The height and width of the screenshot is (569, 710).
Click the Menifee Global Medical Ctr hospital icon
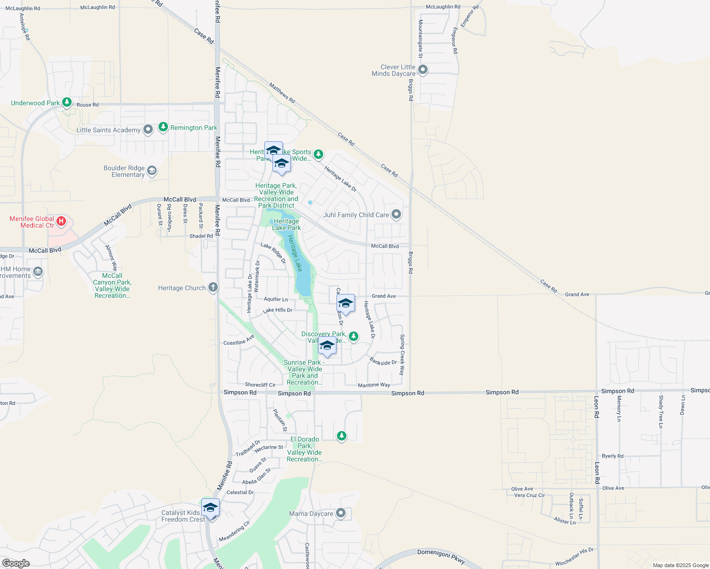[61, 221]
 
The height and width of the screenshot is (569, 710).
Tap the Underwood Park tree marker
[67, 102]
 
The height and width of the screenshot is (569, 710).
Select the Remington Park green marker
[163, 127]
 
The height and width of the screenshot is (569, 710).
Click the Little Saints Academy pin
[148, 129]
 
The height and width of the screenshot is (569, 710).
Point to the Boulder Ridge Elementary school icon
[152, 171]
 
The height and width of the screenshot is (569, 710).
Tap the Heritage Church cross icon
[213, 287]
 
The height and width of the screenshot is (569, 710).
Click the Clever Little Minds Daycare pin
[423, 70]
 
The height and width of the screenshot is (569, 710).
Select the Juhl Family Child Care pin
[396, 214]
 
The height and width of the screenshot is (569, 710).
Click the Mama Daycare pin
[341, 513]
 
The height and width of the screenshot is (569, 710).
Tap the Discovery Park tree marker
[354, 336]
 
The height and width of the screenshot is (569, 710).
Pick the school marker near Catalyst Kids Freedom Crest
[210, 508]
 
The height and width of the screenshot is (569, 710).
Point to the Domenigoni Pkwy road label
[441, 557]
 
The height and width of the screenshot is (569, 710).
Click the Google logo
[16, 563]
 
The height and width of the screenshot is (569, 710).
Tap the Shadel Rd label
[201, 236]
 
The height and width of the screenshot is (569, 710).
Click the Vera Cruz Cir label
[530, 496]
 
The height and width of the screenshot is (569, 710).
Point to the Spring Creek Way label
[402, 355]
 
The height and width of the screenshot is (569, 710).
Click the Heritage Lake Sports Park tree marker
[318, 154]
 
